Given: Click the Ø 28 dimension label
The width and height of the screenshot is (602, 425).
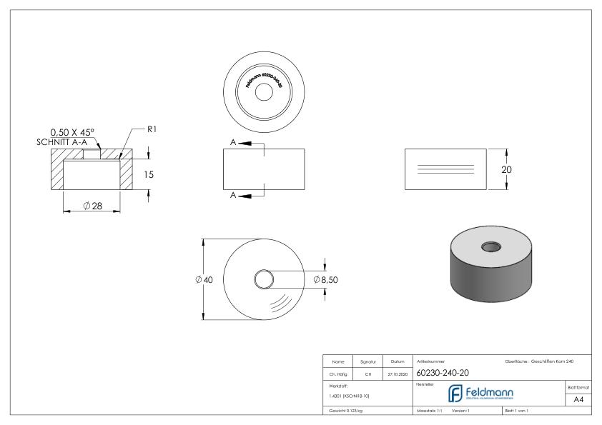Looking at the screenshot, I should (92, 206).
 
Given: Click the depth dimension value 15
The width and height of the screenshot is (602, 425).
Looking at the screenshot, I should (149, 174).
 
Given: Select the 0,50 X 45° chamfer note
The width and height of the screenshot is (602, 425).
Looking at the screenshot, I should (71, 131).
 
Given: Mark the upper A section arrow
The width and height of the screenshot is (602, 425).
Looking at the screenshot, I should (244, 143).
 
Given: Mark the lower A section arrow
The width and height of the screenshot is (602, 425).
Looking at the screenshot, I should (244, 195).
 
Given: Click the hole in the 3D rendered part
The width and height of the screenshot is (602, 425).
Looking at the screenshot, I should (491, 246).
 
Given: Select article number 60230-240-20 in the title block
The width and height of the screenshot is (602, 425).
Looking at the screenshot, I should (442, 371).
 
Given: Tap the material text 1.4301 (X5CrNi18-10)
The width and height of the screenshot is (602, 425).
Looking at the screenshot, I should (350, 395).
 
